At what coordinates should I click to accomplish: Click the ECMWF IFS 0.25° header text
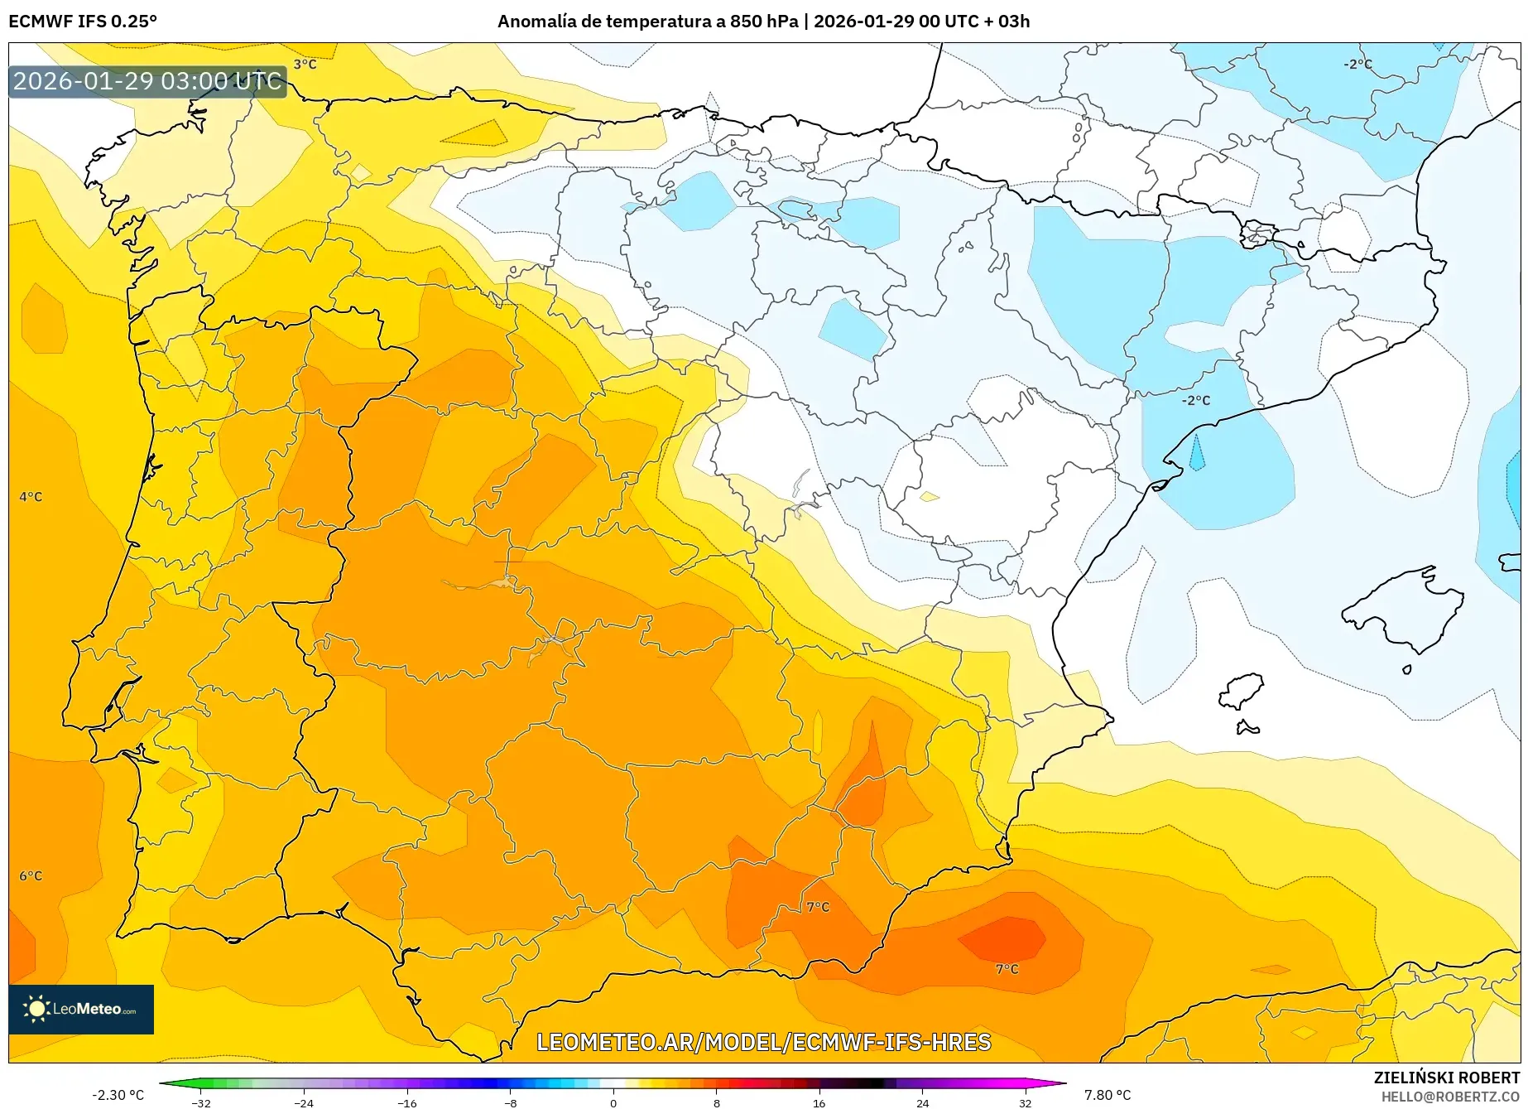point(83,22)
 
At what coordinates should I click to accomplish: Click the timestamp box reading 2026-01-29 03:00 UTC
point(147,81)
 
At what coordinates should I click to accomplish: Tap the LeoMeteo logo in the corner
point(81,1009)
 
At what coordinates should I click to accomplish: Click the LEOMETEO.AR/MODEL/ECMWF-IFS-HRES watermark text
point(763,1042)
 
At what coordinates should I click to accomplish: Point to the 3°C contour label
point(305,65)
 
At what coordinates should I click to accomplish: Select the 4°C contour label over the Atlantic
point(31,497)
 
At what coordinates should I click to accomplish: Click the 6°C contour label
point(31,875)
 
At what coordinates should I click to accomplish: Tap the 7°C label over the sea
point(1007,969)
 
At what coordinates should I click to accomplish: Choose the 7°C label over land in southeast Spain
point(818,907)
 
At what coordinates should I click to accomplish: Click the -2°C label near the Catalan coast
point(1195,400)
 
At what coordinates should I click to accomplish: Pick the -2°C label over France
point(1357,64)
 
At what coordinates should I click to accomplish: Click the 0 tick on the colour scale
point(613,1102)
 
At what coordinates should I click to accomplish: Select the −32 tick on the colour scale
point(201,1102)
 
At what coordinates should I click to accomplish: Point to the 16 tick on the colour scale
point(819,1102)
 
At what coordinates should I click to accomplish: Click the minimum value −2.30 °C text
point(118,1095)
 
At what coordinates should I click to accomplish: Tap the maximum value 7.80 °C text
point(1108,1095)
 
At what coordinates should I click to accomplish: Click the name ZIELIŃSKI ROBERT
point(1446,1078)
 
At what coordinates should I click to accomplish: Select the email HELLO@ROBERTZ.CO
point(1449,1097)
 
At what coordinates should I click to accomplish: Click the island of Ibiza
point(1242,691)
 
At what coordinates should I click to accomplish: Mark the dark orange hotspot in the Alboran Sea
point(1003,938)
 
